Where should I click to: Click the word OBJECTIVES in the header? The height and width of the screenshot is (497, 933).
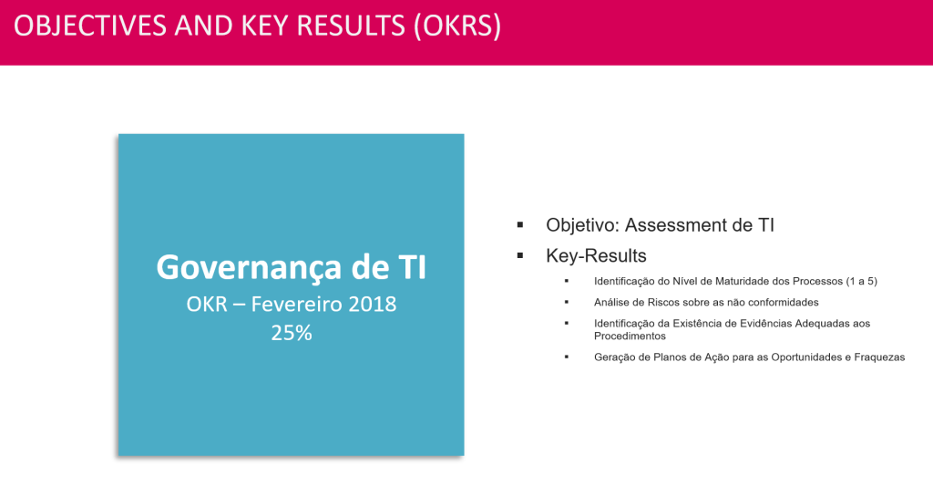point(90,26)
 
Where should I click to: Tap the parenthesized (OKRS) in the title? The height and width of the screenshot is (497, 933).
point(457,26)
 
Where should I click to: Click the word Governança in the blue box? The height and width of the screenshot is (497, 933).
point(249,268)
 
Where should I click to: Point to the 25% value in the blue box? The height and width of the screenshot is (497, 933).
point(292,334)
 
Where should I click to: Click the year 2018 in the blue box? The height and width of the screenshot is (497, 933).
point(373,305)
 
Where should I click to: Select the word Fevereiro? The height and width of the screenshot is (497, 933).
point(296,305)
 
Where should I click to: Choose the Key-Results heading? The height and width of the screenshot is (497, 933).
point(596,256)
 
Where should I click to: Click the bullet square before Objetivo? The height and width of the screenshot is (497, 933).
point(520,225)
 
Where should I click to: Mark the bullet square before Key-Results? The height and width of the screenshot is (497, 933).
point(520,255)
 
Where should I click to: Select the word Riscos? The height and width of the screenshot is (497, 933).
point(648,303)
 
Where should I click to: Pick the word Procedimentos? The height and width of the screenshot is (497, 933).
point(630,337)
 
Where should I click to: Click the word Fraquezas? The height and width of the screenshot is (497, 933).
point(879,357)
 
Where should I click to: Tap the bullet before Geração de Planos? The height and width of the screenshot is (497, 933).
point(567,357)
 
